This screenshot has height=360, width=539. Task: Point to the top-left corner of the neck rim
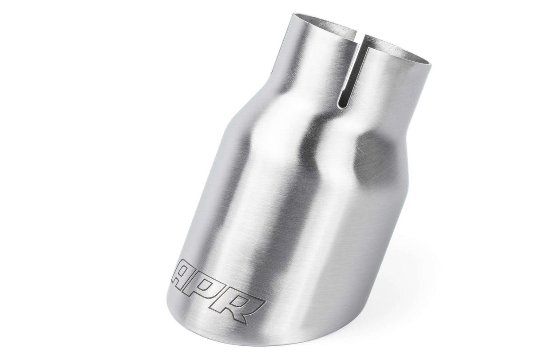tap(293, 14)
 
